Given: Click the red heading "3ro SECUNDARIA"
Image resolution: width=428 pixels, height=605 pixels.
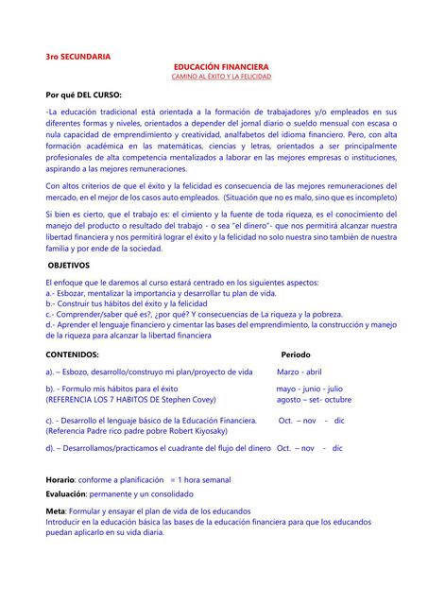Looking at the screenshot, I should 77,58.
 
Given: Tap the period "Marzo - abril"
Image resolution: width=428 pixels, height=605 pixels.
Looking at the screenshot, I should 300,372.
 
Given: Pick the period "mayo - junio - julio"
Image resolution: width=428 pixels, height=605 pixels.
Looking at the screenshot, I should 309,389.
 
